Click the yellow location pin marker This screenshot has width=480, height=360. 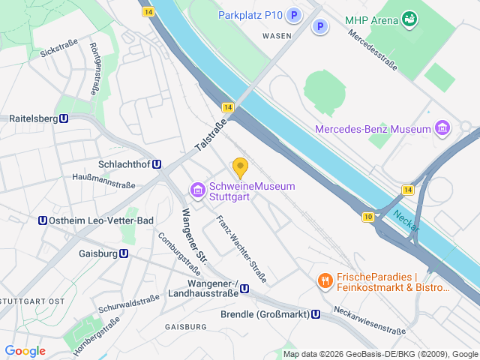(x=240, y=167)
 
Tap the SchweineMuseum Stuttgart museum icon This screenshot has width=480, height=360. (x=198, y=191)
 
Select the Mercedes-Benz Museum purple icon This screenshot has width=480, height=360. (x=442, y=129)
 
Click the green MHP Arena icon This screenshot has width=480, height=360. (x=409, y=18)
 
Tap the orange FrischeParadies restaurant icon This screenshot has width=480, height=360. (x=325, y=281)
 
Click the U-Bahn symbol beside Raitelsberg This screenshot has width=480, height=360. (x=64, y=118)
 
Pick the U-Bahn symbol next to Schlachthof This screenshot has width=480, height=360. (x=156, y=164)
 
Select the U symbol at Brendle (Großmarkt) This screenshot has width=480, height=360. (x=316, y=314)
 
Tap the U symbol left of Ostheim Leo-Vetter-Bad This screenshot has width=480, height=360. (x=43, y=220)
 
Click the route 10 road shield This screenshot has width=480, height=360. (x=367, y=217)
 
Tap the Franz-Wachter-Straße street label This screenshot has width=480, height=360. (x=241, y=249)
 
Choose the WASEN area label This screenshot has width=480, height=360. (x=277, y=35)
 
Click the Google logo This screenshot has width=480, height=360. (x=25, y=350)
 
